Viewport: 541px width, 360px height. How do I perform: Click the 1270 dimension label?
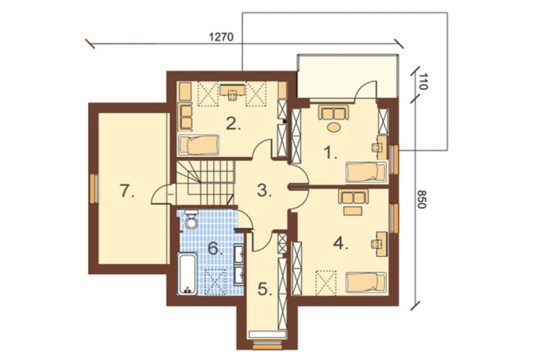pos(221,37)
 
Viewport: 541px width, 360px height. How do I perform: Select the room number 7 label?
pos(127,191)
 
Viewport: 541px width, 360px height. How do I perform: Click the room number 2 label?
pos(233,123)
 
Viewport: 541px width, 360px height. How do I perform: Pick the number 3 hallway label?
pos(265,191)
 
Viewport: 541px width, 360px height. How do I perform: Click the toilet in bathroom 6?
pos(191,219)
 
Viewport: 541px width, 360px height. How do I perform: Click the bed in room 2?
pos(199,144)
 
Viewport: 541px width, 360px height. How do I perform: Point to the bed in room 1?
pos(366,172)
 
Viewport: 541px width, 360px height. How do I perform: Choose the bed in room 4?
pos(366,283)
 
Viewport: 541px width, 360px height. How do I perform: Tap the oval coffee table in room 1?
pos(334,127)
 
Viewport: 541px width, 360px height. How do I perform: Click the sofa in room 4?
pos(353,197)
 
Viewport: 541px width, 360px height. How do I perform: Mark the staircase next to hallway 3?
pos(206,183)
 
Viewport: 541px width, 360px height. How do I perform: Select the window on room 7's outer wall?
pos(94,189)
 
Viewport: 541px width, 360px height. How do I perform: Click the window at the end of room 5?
pos(267,344)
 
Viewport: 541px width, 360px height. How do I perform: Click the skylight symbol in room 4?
pos(326,283)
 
